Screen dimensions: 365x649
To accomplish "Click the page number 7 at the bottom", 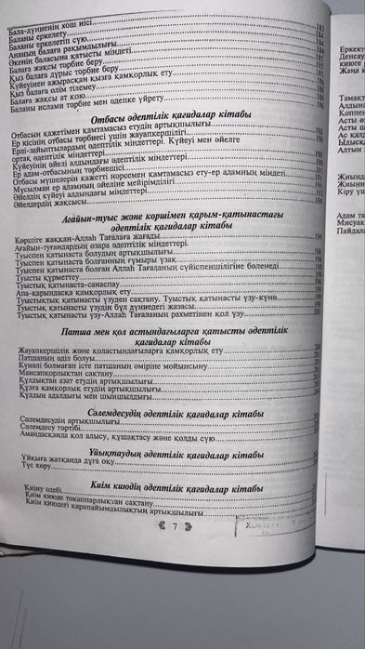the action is (x=174, y=526).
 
